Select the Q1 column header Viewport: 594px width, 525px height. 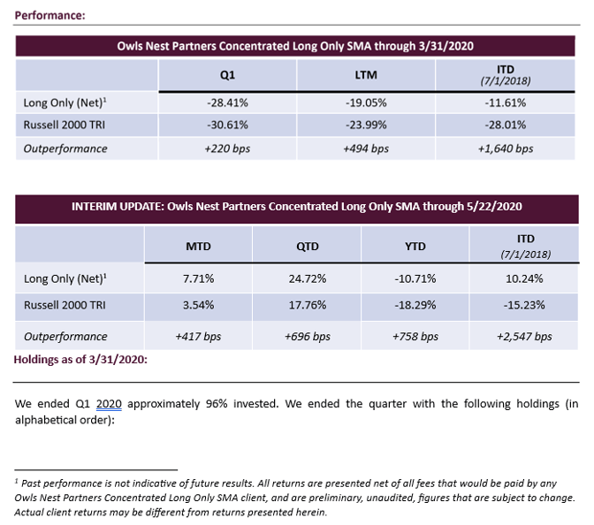tap(227, 75)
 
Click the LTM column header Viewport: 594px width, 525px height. tap(366, 75)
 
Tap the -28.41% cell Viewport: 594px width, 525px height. tap(227, 103)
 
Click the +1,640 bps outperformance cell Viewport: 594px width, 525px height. tap(506, 148)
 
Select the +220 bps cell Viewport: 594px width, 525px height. tap(227, 148)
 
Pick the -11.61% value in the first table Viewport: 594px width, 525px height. tap(506, 103)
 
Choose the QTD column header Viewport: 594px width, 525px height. tap(308, 246)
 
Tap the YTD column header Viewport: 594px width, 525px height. tap(416, 246)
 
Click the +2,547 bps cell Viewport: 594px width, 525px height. tap(525, 336)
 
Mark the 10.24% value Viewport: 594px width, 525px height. tap(525, 278)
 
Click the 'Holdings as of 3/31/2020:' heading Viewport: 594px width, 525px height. tap(80, 359)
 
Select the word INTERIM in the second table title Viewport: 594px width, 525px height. tap(94, 206)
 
